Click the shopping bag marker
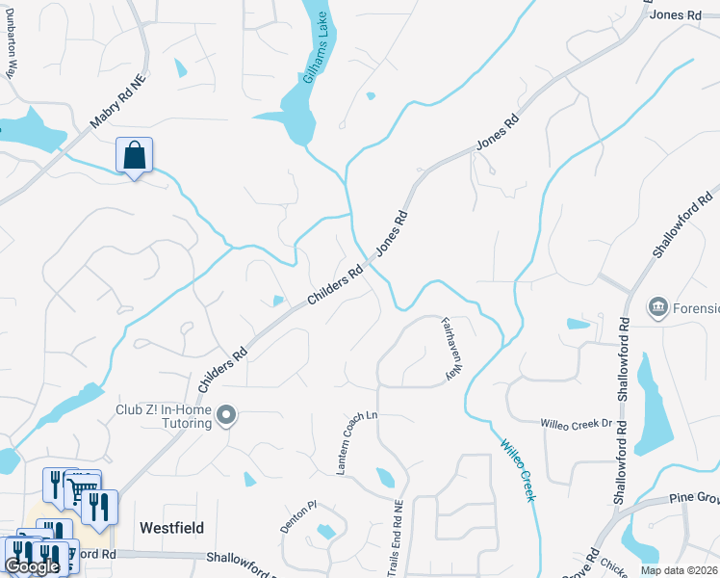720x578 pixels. coord(135,154)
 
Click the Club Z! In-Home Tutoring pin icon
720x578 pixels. coord(226,415)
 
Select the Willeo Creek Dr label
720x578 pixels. coord(577,423)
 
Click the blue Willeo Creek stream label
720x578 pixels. coord(517,471)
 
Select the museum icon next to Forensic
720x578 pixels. coord(659,307)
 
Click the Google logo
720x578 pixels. coord(32,566)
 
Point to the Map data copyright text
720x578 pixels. coord(678,570)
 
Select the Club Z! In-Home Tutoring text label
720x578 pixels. coord(164,416)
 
